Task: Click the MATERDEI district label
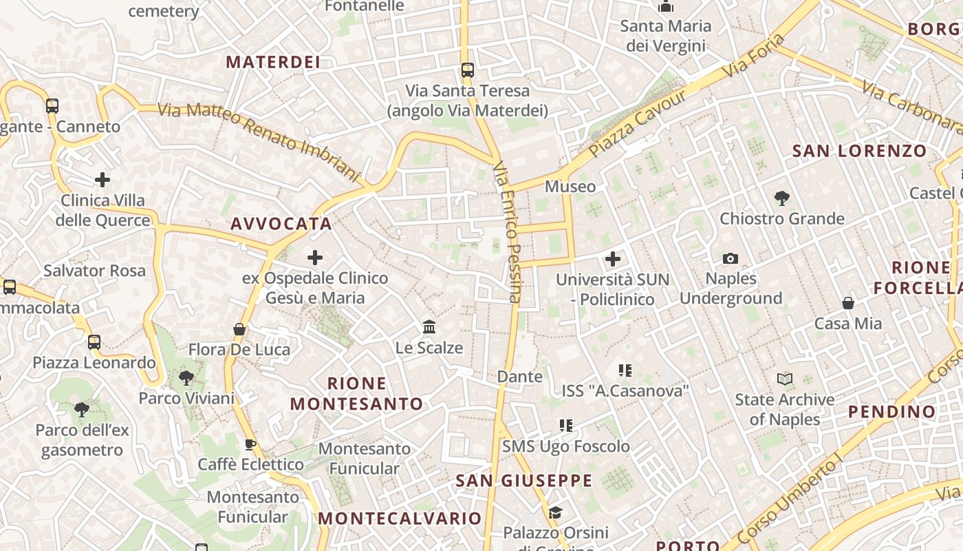(273, 62)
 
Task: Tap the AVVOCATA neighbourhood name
(281, 224)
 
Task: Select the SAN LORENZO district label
(859, 151)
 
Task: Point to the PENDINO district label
(891, 412)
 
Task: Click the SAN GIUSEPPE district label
(523, 481)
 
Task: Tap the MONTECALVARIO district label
(400, 518)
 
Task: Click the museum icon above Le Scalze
(429, 326)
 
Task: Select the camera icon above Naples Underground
(731, 258)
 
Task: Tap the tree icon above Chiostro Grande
(781, 198)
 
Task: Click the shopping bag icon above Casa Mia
(848, 303)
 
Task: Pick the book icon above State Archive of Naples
(784, 379)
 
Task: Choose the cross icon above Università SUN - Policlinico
(612, 259)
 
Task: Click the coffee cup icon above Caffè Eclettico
(250, 444)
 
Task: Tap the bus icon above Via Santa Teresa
(468, 70)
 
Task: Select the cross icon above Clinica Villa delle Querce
(102, 180)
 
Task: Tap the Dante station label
(519, 377)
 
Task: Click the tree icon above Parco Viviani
(186, 377)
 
